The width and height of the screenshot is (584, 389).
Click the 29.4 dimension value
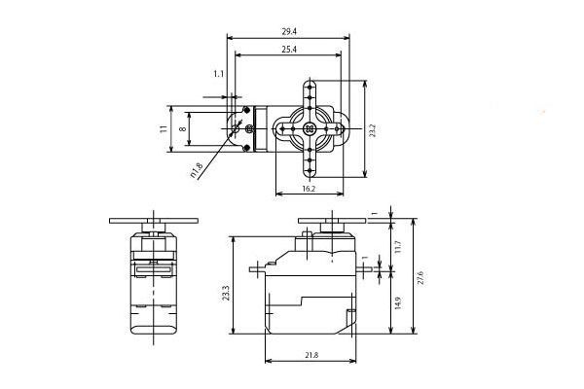pyautogui.click(x=289, y=32)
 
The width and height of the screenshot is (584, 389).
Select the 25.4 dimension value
pyautogui.click(x=289, y=50)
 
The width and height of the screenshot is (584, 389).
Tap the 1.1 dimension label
pyautogui.click(x=219, y=74)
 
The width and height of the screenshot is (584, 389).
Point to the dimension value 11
pyautogui.click(x=164, y=129)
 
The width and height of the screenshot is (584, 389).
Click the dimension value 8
pyautogui.click(x=182, y=128)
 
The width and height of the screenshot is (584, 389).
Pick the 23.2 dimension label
pyautogui.click(x=373, y=130)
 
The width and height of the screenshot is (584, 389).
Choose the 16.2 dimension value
pyautogui.click(x=309, y=189)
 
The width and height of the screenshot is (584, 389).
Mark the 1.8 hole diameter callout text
pyautogui.click(x=197, y=170)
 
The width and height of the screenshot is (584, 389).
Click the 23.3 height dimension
pyautogui.click(x=226, y=293)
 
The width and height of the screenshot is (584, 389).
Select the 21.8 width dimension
pyautogui.click(x=311, y=355)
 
